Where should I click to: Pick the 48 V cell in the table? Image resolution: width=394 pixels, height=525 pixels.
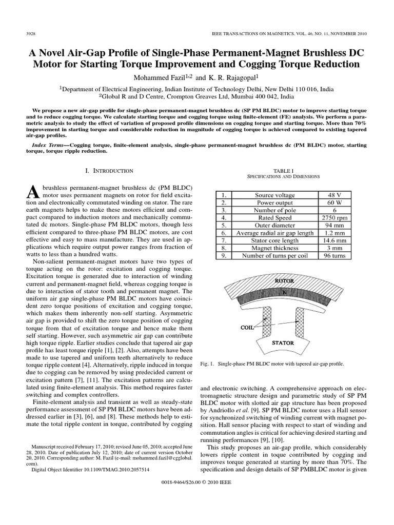click(332, 195)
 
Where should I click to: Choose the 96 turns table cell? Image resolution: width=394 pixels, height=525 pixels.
click(332, 255)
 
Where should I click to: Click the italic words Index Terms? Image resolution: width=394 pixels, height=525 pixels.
click(49, 146)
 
